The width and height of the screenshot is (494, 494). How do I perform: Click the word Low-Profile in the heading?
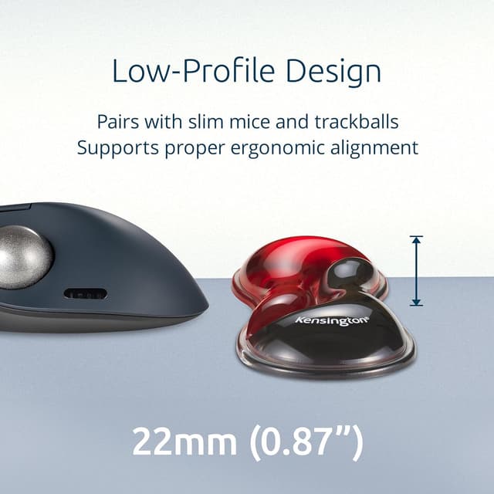point(194,71)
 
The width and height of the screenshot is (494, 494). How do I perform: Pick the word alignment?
point(380,147)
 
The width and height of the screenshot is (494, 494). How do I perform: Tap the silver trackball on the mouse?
point(23,257)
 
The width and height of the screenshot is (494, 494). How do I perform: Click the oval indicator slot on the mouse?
point(85,294)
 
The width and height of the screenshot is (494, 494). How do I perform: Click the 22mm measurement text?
point(183,442)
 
